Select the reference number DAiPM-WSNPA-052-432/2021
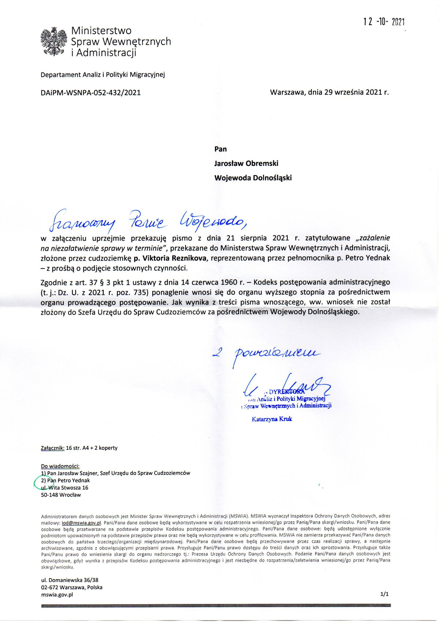point(91,93)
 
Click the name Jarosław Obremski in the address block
point(246,163)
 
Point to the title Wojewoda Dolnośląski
point(253,178)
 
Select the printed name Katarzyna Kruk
point(272,419)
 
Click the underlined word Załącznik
point(53,448)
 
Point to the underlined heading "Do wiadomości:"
point(60,466)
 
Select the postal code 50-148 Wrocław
point(61,495)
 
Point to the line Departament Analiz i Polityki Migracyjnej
point(103,75)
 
